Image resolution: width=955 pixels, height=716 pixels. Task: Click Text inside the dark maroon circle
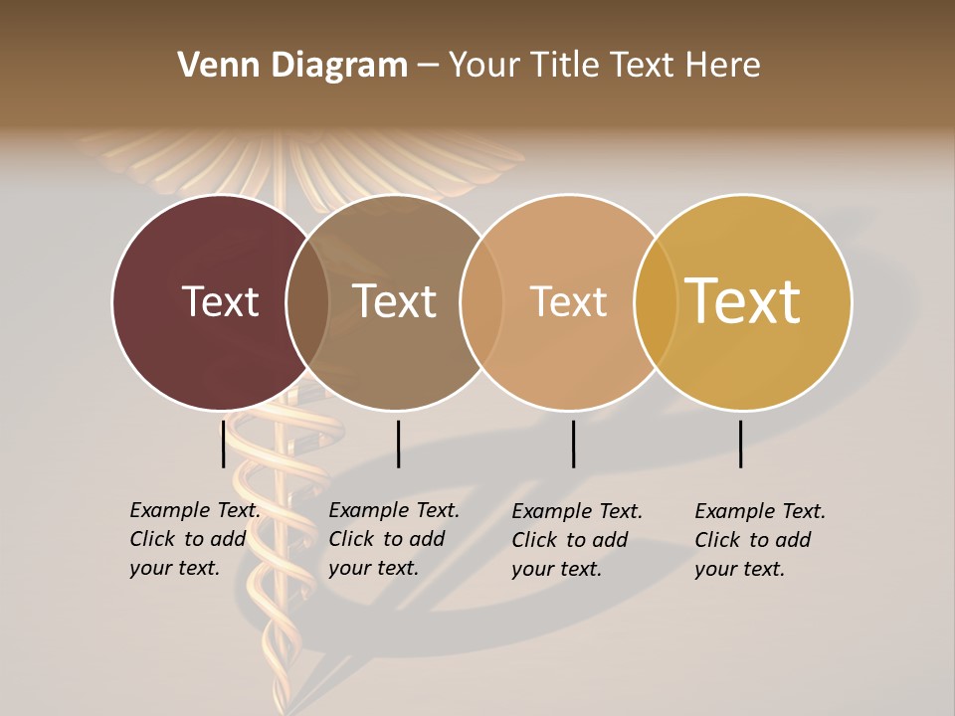[x=220, y=301]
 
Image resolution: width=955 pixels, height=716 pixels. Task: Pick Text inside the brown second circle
[x=395, y=301]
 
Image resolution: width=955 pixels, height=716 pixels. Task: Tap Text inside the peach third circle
[x=569, y=301]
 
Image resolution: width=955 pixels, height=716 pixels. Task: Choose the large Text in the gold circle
[x=743, y=301]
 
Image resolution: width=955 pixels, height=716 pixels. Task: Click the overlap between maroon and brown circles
[x=307, y=301]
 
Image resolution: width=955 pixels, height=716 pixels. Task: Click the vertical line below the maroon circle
[x=223, y=444]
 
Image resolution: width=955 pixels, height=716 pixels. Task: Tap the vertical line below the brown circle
[x=398, y=444]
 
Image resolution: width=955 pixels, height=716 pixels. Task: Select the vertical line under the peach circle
[x=573, y=444]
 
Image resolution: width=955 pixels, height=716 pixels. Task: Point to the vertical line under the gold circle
[x=740, y=444]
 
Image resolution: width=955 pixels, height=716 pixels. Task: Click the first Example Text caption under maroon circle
[x=195, y=539]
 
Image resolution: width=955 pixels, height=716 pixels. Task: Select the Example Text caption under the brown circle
[x=394, y=539]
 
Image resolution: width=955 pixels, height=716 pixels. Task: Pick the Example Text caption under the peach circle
[x=577, y=540]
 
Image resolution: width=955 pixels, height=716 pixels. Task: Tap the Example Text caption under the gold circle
[x=760, y=540]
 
